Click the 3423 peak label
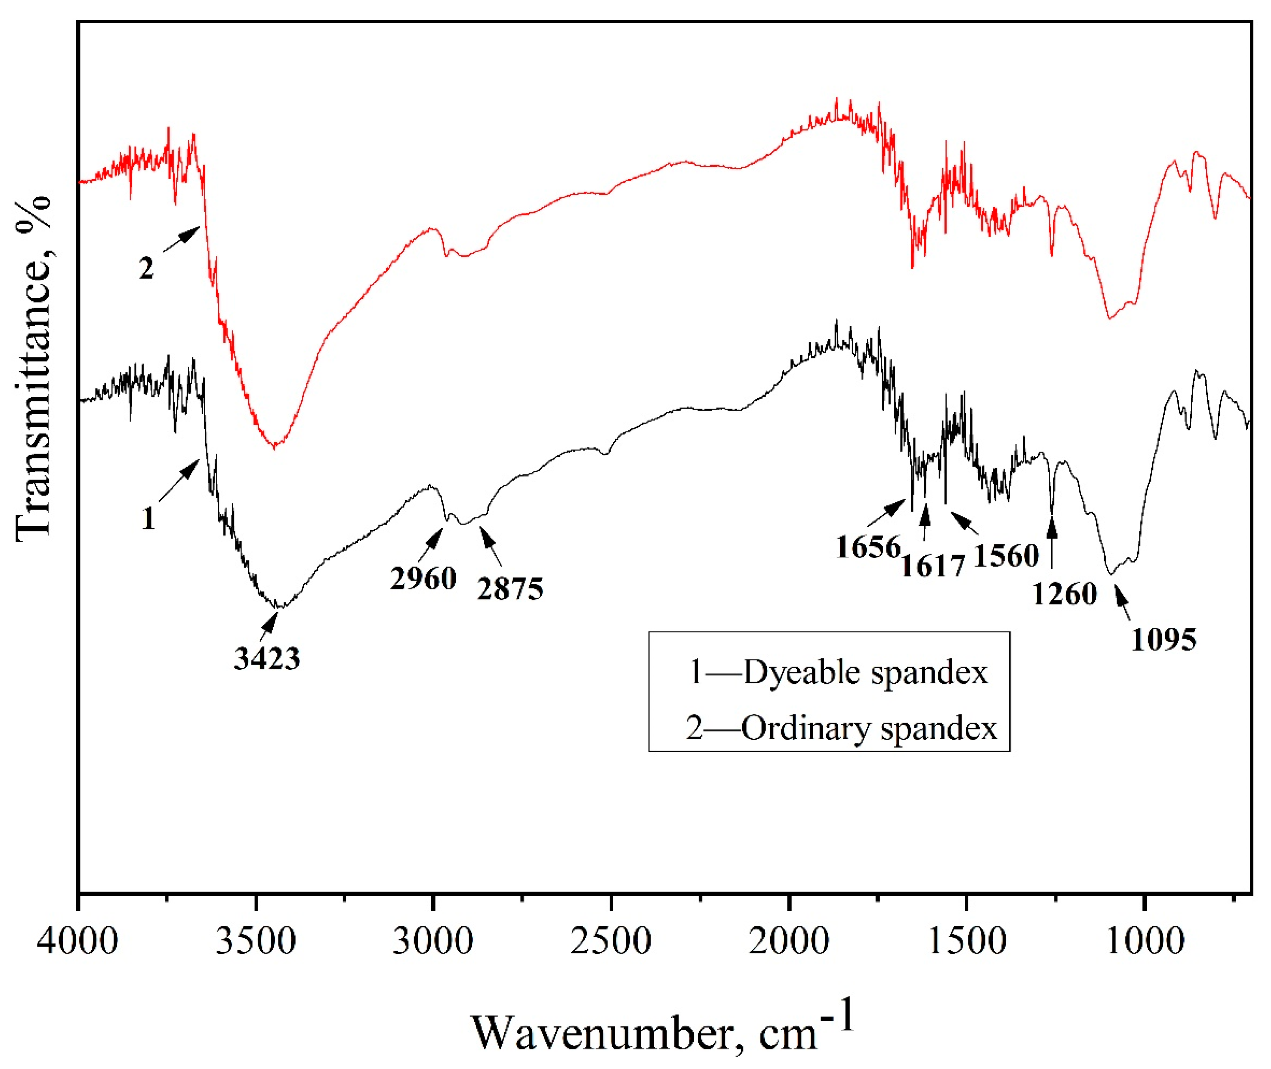(x=267, y=659)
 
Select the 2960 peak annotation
(x=423, y=579)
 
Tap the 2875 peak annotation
(x=510, y=589)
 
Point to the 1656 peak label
(x=869, y=547)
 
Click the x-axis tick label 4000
(x=78, y=942)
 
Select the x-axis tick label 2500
(x=611, y=942)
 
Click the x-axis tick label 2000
(x=788, y=942)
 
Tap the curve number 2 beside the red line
(x=146, y=268)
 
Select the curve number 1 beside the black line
(x=148, y=519)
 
